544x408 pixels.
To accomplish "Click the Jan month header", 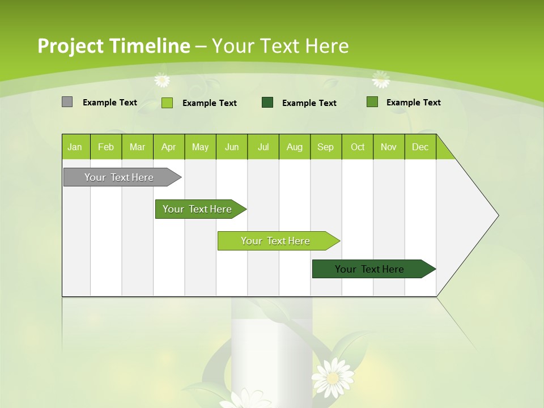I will [75, 147].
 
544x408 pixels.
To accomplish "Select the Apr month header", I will [168, 147].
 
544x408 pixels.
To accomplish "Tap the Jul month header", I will [263, 147].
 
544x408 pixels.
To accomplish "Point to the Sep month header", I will [325, 147].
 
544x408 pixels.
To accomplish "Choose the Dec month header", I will [420, 147].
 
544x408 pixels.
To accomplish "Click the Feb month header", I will [106, 147].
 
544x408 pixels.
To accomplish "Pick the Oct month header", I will [358, 147].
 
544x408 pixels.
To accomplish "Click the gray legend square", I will [67, 102].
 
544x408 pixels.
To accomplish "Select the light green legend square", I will [167, 103].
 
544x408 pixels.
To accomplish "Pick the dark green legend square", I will [267, 102].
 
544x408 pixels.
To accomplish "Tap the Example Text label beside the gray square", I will [110, 103].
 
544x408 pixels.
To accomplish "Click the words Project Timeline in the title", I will [114, 46].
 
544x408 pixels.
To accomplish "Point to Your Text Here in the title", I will [280, 46].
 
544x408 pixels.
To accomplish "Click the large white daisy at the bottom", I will [333, 377].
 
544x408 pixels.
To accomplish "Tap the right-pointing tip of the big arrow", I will [497, 215].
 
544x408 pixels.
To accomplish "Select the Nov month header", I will [389, 147].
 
